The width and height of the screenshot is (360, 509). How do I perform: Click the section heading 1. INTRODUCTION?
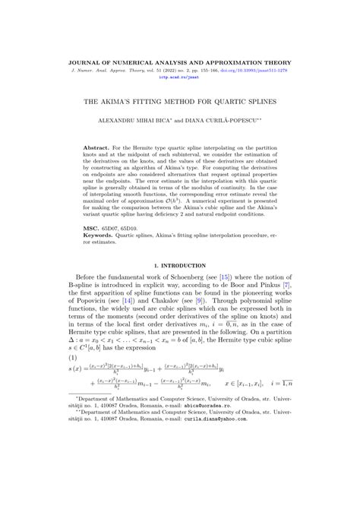180,266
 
